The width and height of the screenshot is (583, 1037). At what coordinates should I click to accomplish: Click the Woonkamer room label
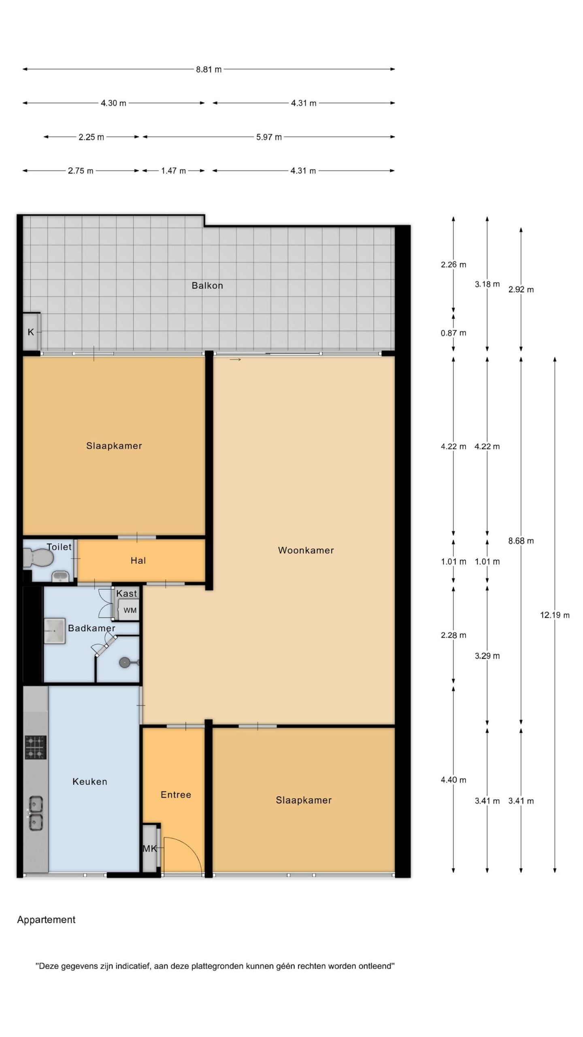[306, 550]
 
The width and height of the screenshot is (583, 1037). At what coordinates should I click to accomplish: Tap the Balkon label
[207, 286]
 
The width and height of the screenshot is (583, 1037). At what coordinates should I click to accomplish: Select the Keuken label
[90, 781]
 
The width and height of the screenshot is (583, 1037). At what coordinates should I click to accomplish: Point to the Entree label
[176, 794]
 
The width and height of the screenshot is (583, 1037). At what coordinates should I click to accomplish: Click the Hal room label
[138, 561]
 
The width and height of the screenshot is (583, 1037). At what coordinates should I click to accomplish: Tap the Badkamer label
[91, 628]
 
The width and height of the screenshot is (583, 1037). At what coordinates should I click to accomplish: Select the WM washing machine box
[130, 610]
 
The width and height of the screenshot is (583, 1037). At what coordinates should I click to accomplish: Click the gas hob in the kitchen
[36, 747]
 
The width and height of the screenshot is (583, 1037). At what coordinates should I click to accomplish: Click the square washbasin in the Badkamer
[54, 631]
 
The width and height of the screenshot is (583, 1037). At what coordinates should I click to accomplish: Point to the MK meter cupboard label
[149, 849]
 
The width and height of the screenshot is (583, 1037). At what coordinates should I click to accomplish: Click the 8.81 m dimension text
[209, 69]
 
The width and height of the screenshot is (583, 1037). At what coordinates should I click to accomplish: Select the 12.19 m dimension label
[555, 615]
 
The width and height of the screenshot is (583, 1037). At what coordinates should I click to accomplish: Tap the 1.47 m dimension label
[173, 171]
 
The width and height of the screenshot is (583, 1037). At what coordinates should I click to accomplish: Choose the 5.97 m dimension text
[269, 137]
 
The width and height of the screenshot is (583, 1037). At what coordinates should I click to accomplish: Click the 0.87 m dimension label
[453, 333]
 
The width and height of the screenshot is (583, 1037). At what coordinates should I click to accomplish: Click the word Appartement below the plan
[46, 920]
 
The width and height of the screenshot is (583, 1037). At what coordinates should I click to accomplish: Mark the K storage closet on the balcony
[31, 332]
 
